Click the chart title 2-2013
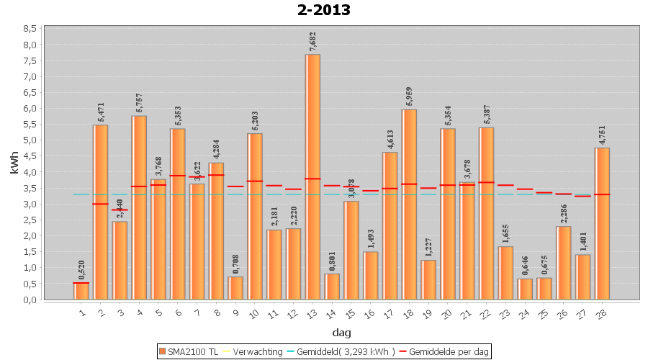point(323,10)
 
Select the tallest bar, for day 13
point(312,176)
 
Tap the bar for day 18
point(409,204)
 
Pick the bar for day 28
point(602,223)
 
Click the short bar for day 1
point(81,291)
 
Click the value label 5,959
point(409,96)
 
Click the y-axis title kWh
point(14,163)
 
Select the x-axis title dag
point(341,333)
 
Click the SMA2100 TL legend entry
point(188,351)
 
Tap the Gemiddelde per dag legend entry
point(446,351)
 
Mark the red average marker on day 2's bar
point(101,204)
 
